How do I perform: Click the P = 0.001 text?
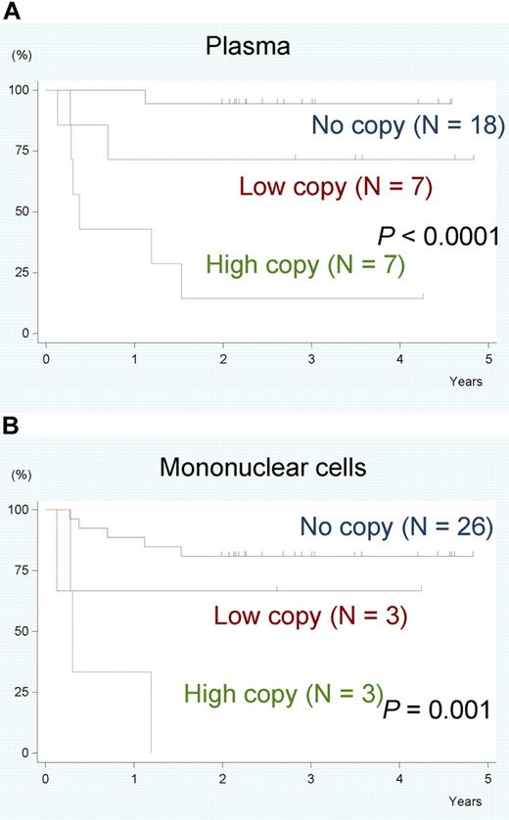point(437,707)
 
